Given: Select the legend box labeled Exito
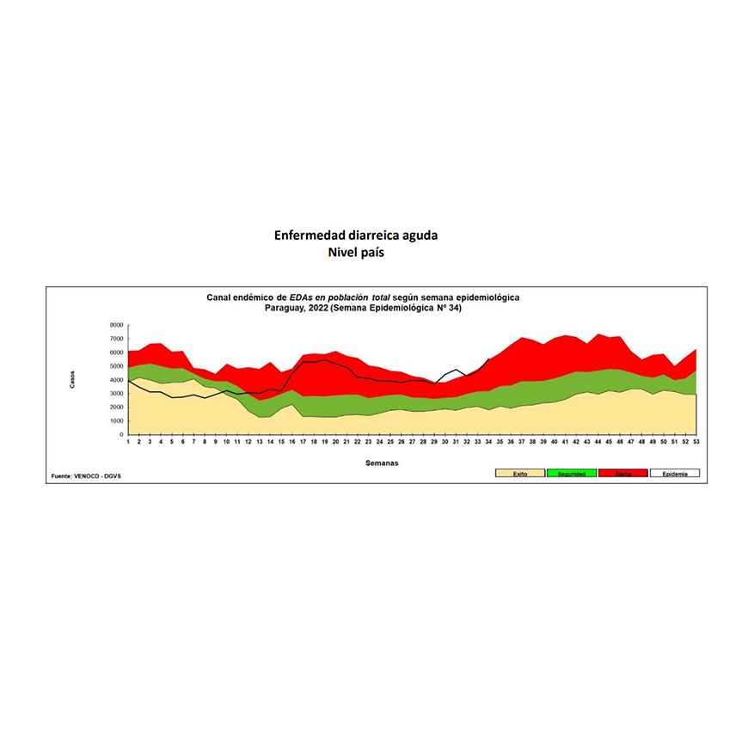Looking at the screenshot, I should click(x=520, y=474).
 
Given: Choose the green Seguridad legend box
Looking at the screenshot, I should click(x=572, y=474).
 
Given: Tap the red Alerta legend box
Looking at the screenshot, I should click(x=622, y=474).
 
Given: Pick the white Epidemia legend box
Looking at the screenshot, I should click(x=674, y=474).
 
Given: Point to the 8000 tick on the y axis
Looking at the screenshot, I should click(x=116, y=325).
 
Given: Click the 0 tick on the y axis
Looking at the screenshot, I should click(x=121, y=435).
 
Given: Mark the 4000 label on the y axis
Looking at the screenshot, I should click(x=116, y=380).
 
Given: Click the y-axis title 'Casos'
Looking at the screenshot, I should click(x=72, y=380).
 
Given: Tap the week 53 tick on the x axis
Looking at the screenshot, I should click(x=695, y=442).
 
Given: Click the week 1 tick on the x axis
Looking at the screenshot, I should click(x=128, y=442).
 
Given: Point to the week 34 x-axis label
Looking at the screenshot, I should click(x=489, y=442).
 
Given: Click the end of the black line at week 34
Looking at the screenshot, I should click(x=489, y=359).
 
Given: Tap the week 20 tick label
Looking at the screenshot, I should click(x=335, y=442).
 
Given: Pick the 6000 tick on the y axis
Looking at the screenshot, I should click(x=116, y=353).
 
